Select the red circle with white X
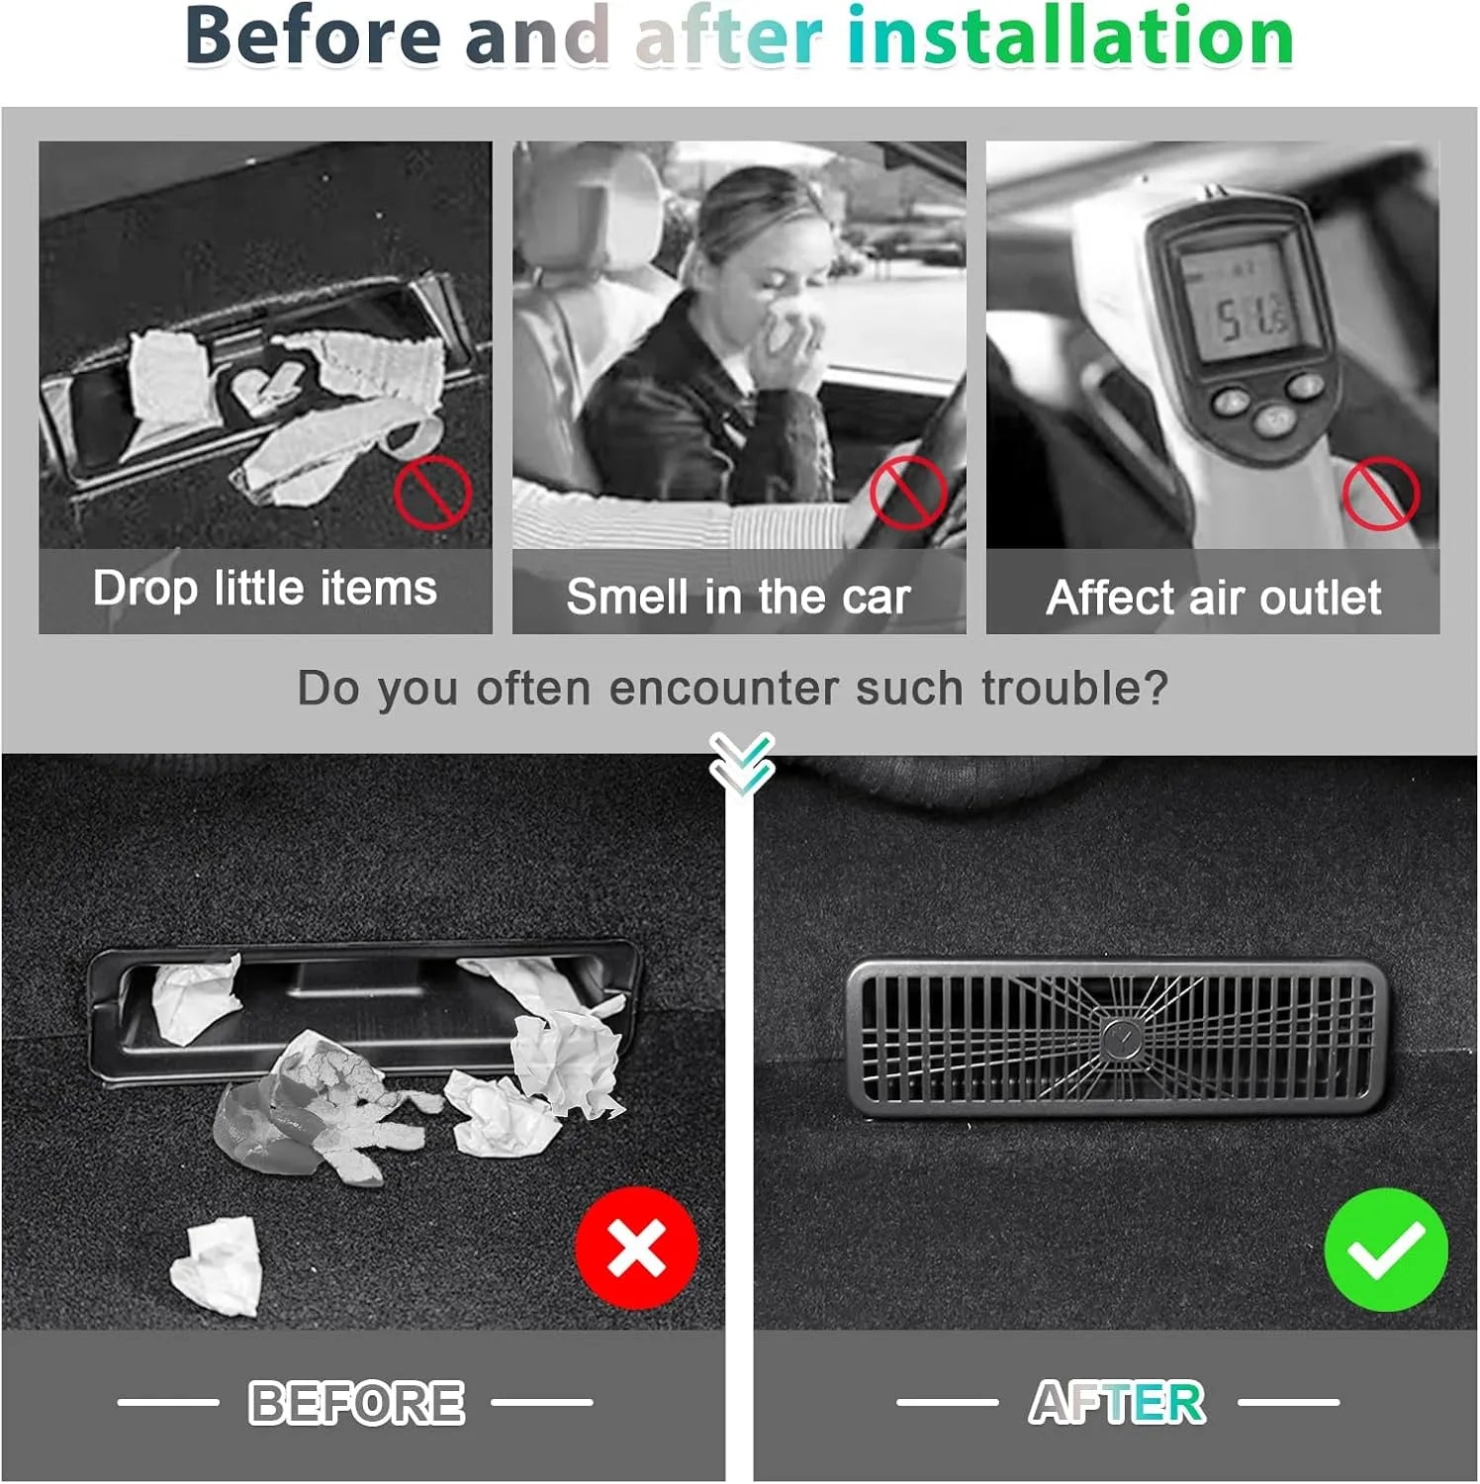pos(636,1249)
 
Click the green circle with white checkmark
pos(1386,1250)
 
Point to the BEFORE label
pos(356,1402)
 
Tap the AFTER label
pos(1117,1402)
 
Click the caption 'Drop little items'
pos(265,589)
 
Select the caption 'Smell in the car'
pos(738,597)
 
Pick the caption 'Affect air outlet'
pos(1214,598)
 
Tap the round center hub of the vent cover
pos(1121,1038)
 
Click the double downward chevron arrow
pos(741,764)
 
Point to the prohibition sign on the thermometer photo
pos(1381,493)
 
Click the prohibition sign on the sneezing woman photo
pos(908,493)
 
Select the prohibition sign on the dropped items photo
pos(432,493)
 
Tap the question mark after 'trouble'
pos(1156,687)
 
